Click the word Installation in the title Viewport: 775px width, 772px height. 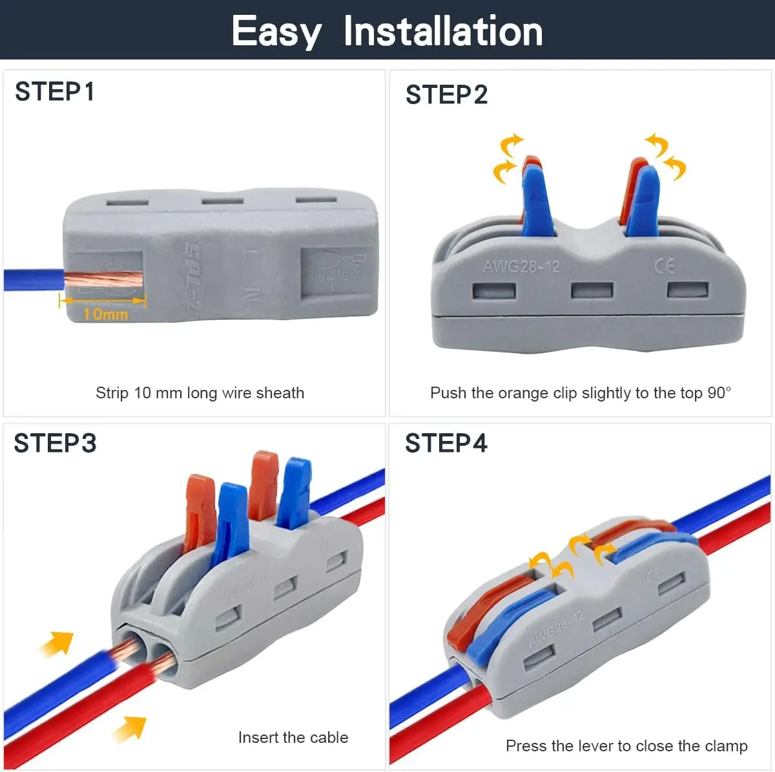coord(443,31)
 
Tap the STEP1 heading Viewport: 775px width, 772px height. coord(55,92)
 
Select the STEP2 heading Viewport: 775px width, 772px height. coord(446,95)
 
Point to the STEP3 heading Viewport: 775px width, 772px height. coord(55,444)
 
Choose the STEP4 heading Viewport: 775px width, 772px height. coord(446,444)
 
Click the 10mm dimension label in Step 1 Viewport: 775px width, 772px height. coord(105,314)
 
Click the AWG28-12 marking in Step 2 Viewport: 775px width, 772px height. coord(521,266)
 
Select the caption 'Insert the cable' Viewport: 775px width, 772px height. coord(293,738)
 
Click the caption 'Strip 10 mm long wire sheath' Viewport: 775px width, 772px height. coord(200,393)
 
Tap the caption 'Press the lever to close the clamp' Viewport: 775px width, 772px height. coord(626,746)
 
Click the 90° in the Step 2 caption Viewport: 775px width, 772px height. coord(719,393)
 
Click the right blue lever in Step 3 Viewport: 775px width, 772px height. coord(294,491)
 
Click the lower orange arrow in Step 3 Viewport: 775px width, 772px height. coord(130,728)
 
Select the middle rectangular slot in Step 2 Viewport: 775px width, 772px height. coord(592,290)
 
